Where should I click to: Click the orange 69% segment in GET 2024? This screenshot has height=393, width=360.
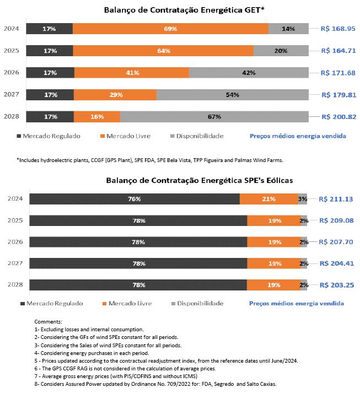click(x=170, y=29)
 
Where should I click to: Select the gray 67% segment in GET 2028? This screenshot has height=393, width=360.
click(x=214, y=117)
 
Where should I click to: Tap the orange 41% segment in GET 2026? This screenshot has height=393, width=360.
click(x=131, y=73)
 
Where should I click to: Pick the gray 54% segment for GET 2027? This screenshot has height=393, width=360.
click(x=232, y=95)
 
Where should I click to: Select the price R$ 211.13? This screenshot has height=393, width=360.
click(x=336, y=199)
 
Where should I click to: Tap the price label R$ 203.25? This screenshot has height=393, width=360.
click(x=336, y=285)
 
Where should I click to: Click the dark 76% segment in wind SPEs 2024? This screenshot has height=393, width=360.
click(x=135, y=199)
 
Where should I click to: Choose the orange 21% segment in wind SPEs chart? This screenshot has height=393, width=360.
click(x=269, y=199)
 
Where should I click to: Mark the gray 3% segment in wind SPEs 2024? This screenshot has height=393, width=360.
click(x=303, y=199)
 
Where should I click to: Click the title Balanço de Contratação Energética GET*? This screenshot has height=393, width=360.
click(x=180, y=9)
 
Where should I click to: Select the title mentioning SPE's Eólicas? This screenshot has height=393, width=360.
click(x=180, y=180)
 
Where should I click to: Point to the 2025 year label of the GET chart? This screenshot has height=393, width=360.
click(x=12, y=51)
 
